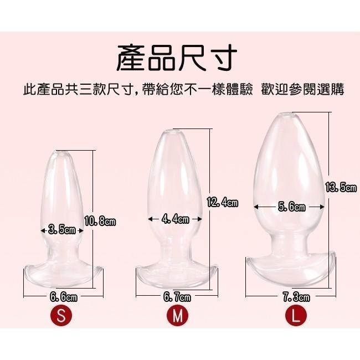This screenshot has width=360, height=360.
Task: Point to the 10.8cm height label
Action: coord(100,222)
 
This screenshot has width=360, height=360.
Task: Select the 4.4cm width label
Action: coord(176,219)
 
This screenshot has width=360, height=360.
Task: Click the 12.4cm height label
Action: coord(222,202)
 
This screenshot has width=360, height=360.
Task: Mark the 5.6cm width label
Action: coord(291,207)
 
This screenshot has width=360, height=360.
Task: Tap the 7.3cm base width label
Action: coord(291,297)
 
